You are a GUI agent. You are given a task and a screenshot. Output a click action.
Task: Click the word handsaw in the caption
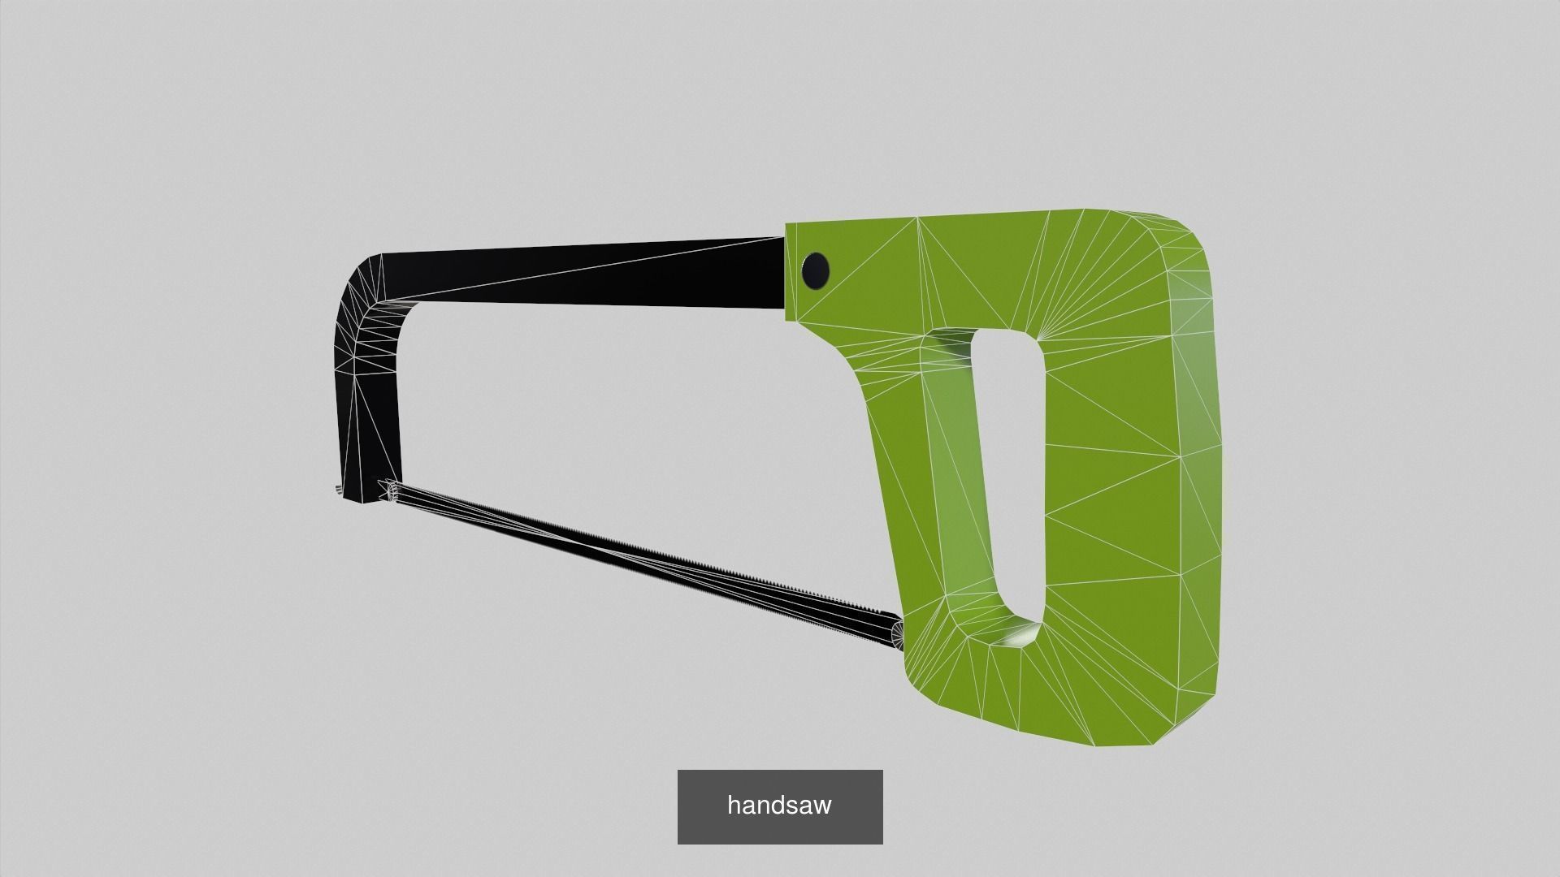[779, 806]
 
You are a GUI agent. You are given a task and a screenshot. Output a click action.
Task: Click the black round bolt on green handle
[815, 270]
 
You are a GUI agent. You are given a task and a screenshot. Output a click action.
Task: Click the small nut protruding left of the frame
[336, 490]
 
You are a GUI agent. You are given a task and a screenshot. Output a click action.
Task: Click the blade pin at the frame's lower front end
[390, 490]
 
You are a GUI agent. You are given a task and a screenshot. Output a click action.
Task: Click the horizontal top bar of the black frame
[585, 272]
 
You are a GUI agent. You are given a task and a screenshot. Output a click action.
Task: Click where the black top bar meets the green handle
[785, 272]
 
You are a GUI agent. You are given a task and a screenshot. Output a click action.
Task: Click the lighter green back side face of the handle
[1198, 487]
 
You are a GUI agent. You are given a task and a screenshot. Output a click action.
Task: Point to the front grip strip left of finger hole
[951, 487]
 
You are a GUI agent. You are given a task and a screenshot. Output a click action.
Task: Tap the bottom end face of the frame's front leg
[357, 498]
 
